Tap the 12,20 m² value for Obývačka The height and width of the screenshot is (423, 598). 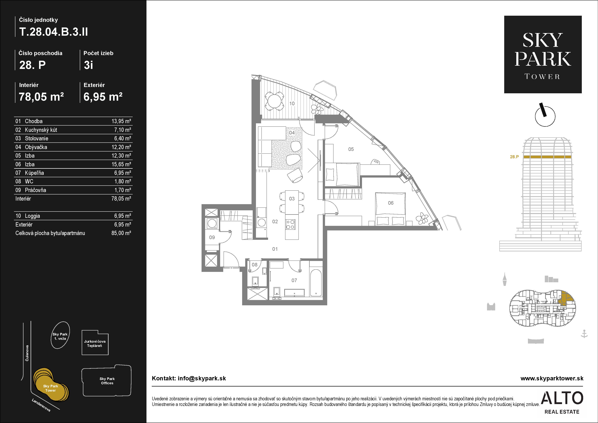point(121,147)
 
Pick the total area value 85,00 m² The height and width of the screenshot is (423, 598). point(121,233)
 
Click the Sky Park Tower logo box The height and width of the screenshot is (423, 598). point(543,54)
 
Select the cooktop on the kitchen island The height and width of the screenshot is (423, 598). point(290,224)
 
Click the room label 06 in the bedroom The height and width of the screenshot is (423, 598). point(391,203)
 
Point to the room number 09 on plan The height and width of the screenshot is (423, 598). point(212,237)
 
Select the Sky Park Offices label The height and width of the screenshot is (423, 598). point(107,381)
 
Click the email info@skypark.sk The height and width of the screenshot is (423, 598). point(202,378)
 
